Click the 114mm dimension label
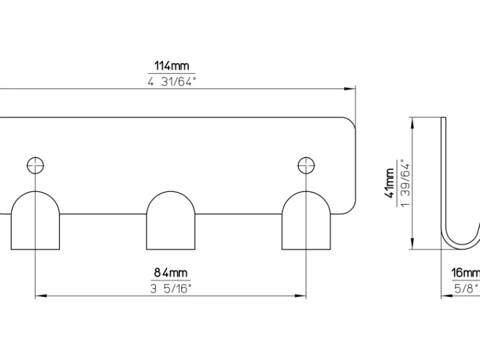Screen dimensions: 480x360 [x=172, y=66]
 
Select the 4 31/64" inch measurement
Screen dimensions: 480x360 [x=172, y=82]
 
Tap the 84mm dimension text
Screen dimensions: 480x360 [x=170, y=272]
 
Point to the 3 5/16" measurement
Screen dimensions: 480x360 [x=170, y=289]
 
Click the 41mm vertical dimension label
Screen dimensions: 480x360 [x=390, y=183]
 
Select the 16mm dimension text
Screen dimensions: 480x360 [x=466, y=273]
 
